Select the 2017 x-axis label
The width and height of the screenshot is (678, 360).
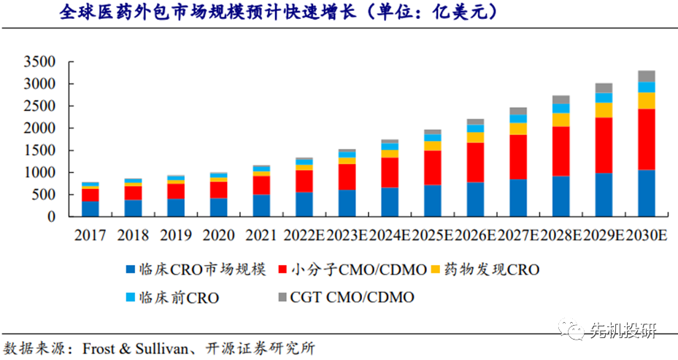[90, 236]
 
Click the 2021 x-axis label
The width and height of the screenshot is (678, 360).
[261, 236]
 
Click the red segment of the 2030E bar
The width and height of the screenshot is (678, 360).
[646, 139]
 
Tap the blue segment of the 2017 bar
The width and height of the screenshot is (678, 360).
[90, 209]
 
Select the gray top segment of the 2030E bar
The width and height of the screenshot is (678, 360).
[646, 76]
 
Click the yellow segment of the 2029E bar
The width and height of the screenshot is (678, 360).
[604, 110]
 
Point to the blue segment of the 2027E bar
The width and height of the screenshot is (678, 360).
[518, 198]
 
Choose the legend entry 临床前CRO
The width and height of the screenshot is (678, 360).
[176, 297]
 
